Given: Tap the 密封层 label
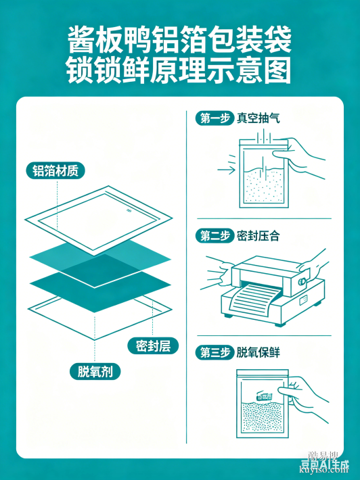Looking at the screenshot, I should pyautogui.click(x=152, y=345).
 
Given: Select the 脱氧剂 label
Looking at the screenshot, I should pyautogui.click(x=95, y=371).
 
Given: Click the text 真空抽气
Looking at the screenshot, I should pyautogui.click(x=258, y=118).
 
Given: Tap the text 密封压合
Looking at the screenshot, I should pyautogui.click(x=258, y=236).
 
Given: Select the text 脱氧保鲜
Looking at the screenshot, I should pyautogui.click(x=258, y=352).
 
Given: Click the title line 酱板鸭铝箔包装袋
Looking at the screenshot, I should pyautogui.click(x=179, y=41).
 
